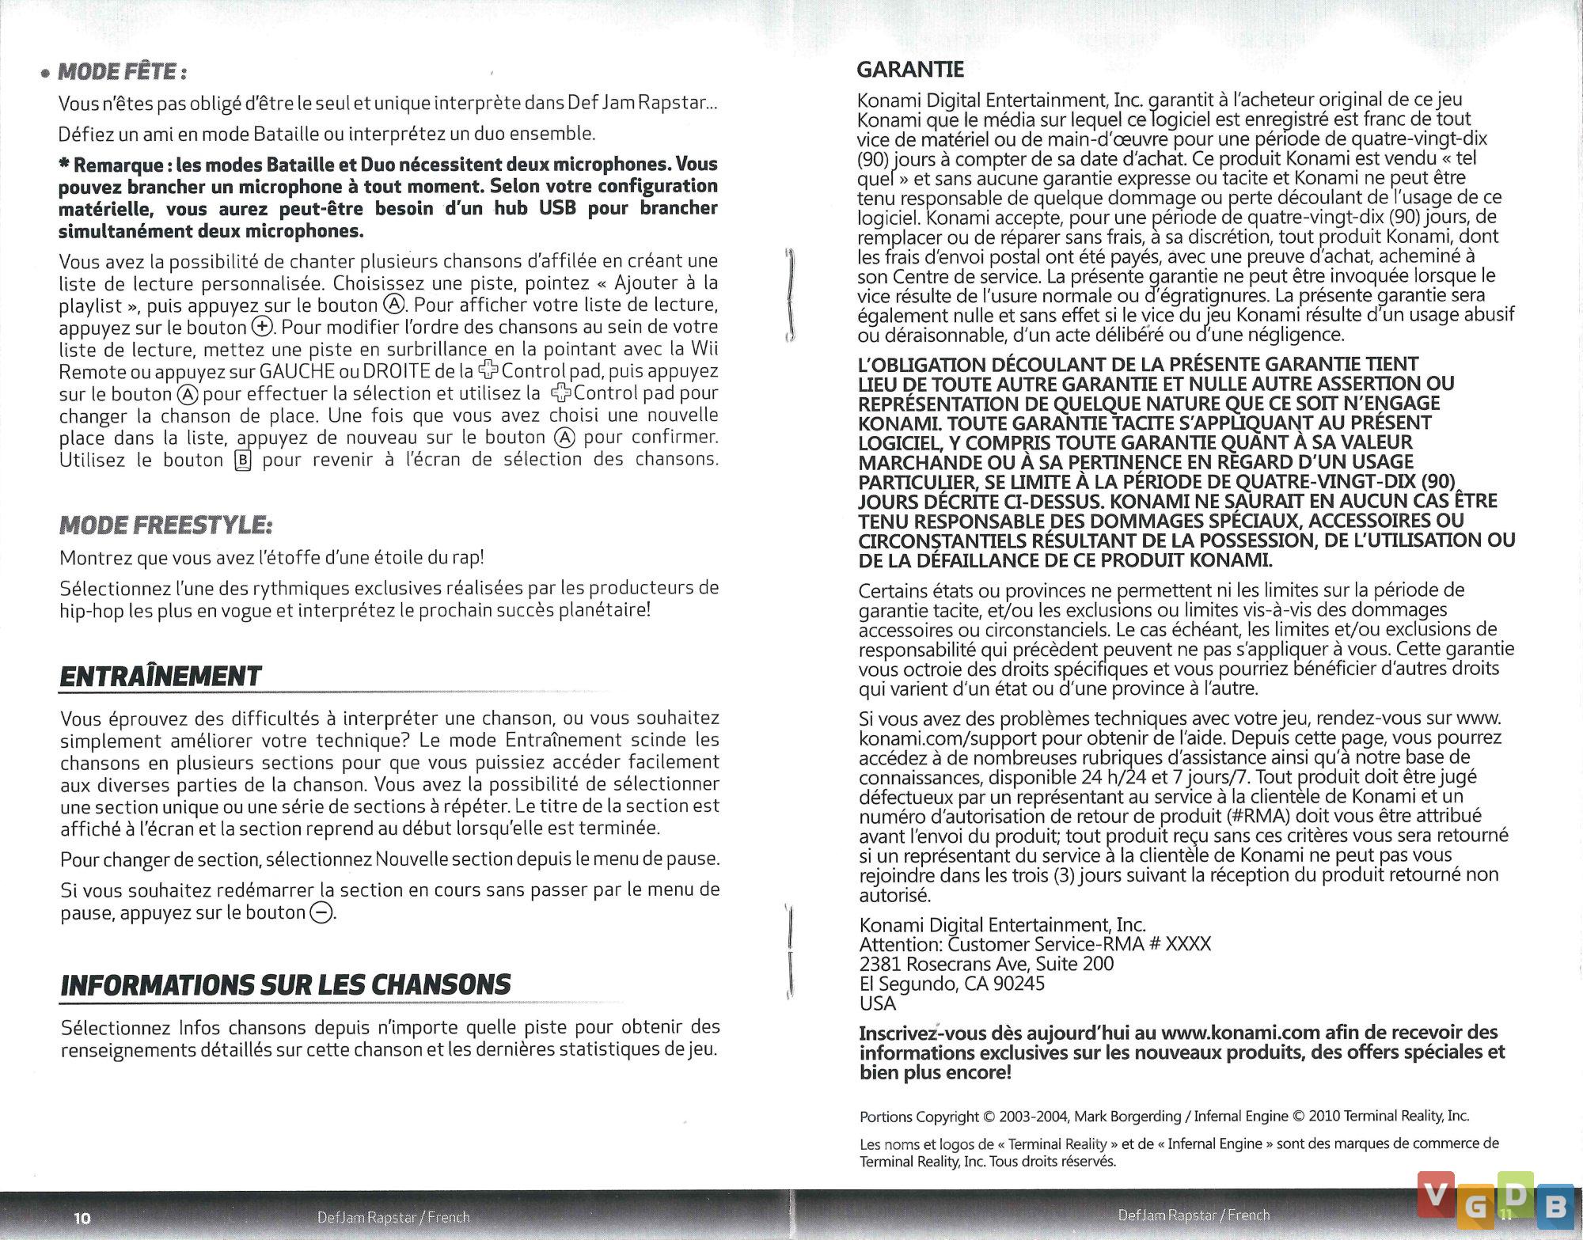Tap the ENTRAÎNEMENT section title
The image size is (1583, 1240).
[x=161, y=677]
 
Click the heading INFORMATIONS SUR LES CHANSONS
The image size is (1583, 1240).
[x=286, y=985]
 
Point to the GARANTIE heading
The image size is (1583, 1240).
[x=910, y=70]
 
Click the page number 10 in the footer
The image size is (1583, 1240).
[x=82, y=1218]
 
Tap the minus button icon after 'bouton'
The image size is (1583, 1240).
[x=321, y=913]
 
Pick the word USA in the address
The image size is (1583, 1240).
[x=877, y=1003]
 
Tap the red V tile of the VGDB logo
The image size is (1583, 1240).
[x=1435, y=1194]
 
